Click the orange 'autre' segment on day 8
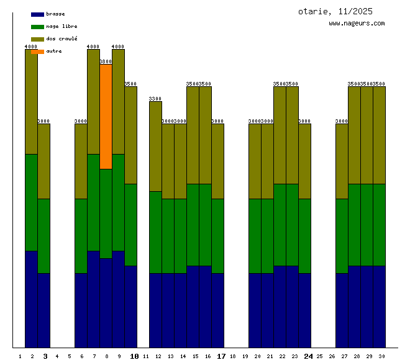pyautogui.click(x=106, y=116)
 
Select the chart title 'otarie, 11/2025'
pyautogui.click(x=335, y=11)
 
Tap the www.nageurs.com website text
pyautogui.click(x=357, y=24)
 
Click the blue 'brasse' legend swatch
pyautogui.click(x=37, y=14)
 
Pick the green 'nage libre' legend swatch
pyautogui.click(x=37, y=27)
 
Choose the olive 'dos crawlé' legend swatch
pyautogui.click(x=37, y=39)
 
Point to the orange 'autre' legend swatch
pyautogui.click(x=37, y=52)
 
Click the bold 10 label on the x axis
pyautogui.click(x=134, y=356)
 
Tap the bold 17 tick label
pyautogui.click(x=221, y=356)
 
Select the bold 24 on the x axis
pyautogui.click(x=308, y=356)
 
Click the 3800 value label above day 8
pyautogui.click(x=106, y=62)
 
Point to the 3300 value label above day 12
pyautogui.click(x=155, y=99)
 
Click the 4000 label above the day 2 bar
pyautogui.click(x=31, y=47)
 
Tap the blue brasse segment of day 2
pyautogui.click(x=31, y=299)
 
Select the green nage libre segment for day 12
pyautogui.click(x=155, y=232)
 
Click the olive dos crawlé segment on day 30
pyautogui.click(x=379, y=135)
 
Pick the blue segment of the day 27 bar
pyautogui.click(x=342, y=310)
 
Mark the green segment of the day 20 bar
pyautogui.click(x=255, y=236)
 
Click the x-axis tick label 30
pyautogui.click(x=381, y=357)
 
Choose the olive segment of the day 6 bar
pyautogui.click(x=81, y=161)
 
